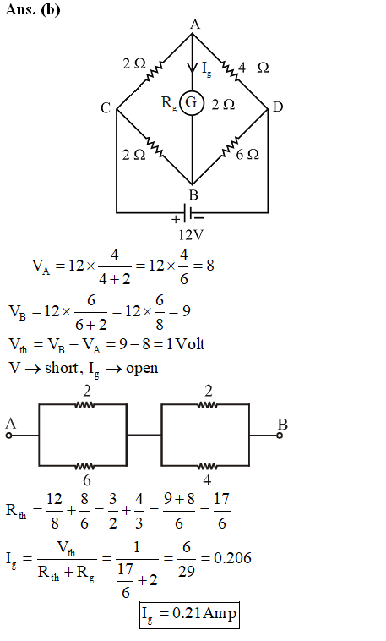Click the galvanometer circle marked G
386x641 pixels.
[x=192, y=103]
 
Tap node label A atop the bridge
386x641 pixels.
[x=195, y=25]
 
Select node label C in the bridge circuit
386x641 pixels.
[x=106, y=108]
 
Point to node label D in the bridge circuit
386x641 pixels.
[x=278, y=107]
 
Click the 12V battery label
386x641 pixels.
[x=191, y=235]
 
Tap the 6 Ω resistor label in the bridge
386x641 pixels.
[x=247, y=155]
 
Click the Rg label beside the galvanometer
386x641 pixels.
[x=168, y=103]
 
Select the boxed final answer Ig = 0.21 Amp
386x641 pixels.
[x=189, y=615]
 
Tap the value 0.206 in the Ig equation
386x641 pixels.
[x=232, y=558]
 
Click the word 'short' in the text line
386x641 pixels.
[x=62, y=368]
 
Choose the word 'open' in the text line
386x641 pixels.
[x=142, y=370]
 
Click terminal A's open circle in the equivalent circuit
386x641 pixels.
[x=9, y=436]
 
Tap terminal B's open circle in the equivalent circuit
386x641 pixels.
[x=280, y=436]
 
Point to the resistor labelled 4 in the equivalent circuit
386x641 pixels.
[x=208, y=466]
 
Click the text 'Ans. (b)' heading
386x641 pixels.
[x=33, y=9]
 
